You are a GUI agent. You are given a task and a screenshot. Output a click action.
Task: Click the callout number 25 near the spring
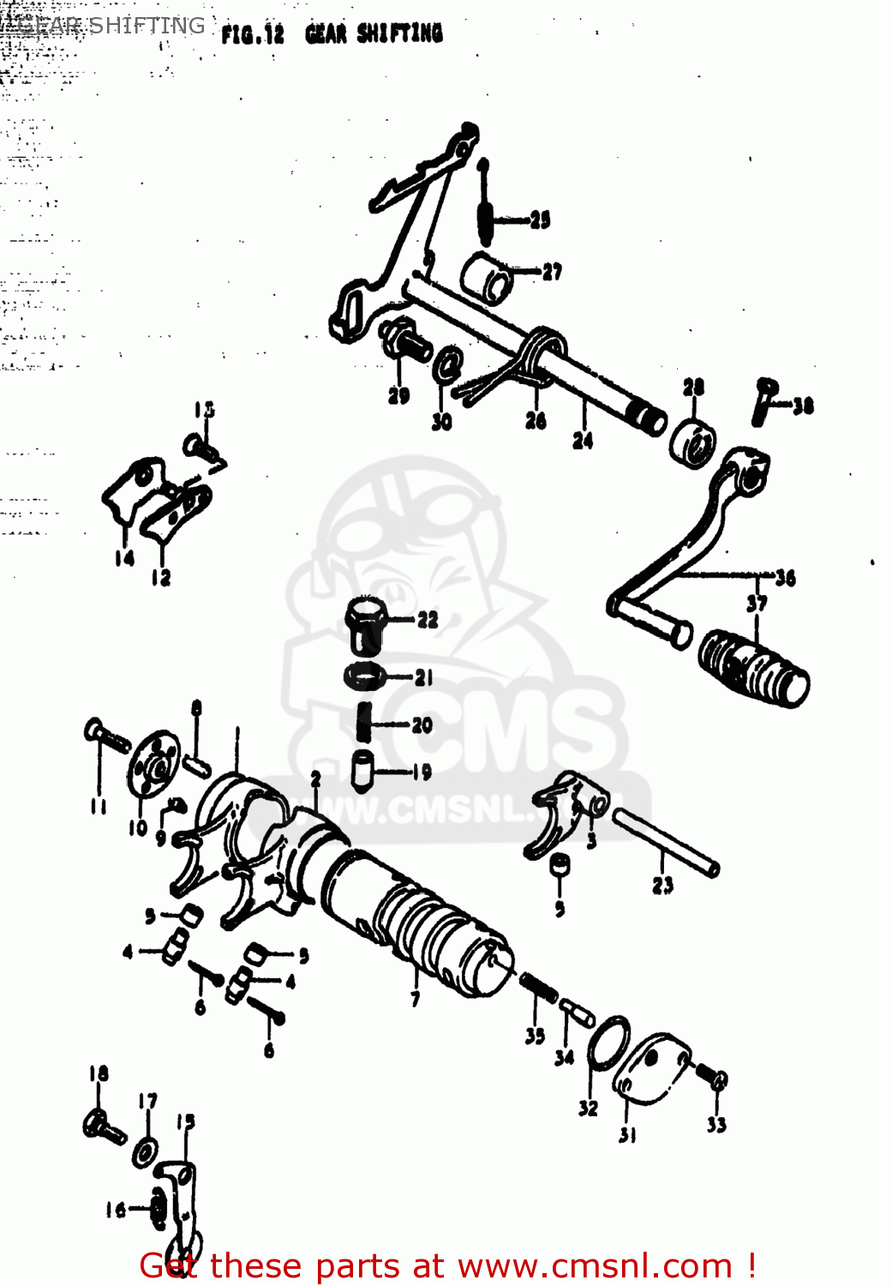[540, 220]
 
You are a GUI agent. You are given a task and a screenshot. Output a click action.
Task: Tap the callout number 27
[553, 273]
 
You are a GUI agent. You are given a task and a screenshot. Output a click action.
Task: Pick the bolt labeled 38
[764, 401]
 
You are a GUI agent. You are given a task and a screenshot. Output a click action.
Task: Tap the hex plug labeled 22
[366, 625]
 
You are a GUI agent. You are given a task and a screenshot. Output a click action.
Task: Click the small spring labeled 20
[364, 722]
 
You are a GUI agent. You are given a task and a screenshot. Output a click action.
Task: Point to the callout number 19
[422, 772]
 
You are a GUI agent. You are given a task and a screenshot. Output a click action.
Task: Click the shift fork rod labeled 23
[666, 844]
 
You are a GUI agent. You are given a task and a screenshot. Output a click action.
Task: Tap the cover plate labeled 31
[650, 1064]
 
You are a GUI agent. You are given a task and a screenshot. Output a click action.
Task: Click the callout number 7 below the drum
[416, 999]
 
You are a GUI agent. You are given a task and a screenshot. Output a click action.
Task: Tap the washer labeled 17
[146, 1152]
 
